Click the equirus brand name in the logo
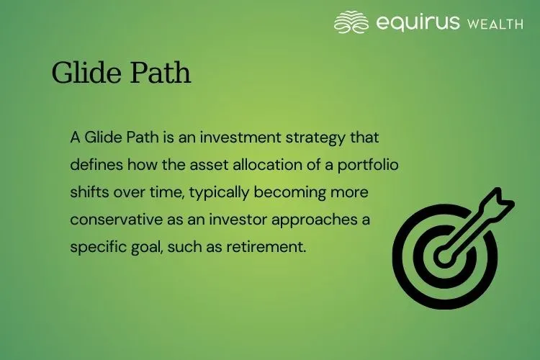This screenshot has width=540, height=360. click(418, 22)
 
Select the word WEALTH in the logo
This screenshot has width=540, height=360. click(495, 24)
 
